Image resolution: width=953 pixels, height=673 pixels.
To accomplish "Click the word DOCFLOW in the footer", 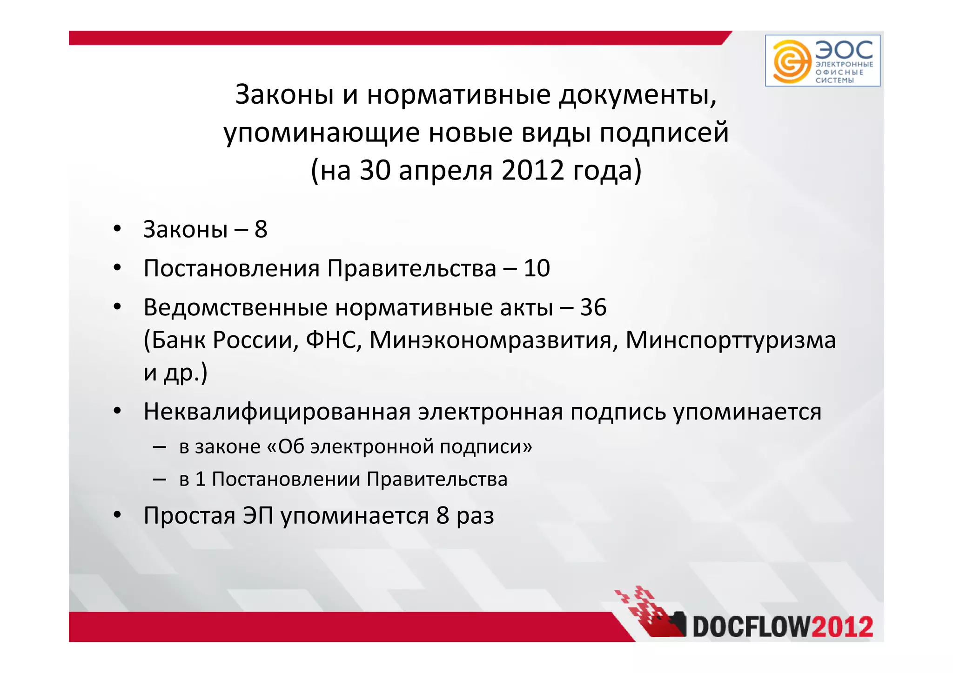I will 751,626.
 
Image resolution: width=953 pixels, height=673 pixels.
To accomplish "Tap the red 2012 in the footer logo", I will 842,626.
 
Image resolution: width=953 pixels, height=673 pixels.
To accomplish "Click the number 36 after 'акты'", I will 593,307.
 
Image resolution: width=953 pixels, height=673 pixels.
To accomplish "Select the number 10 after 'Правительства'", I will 537,268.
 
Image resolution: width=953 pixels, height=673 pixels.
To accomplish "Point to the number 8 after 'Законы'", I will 261,229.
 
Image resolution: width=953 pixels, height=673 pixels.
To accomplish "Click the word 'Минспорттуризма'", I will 731,340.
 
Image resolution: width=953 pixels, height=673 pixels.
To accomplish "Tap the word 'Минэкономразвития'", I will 494,340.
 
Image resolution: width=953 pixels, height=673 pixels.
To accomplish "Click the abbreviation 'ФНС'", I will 334,340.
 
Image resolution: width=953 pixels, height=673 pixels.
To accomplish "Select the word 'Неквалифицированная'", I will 276,412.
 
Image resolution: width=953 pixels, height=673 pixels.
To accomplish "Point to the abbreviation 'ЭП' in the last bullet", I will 258,515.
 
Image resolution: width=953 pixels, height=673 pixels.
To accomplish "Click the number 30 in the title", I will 375,170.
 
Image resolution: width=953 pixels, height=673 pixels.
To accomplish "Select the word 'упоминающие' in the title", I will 322,133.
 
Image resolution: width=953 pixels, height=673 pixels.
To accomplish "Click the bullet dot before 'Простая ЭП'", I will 117,515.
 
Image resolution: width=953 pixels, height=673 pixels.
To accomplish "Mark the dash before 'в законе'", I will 160,447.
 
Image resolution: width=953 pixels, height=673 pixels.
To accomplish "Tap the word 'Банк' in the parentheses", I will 178,340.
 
